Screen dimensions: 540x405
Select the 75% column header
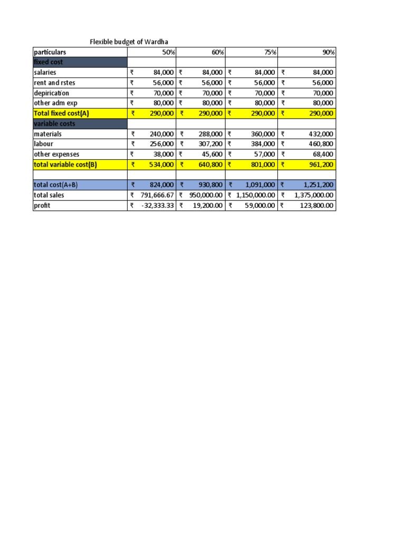click(x=268, y=52)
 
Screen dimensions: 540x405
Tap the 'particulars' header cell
click(x=51, y=52)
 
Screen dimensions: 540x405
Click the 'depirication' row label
click(x=51, y=93)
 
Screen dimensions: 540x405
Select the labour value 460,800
click(x=322, y=144)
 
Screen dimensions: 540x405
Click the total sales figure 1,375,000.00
click(x=313, y=195)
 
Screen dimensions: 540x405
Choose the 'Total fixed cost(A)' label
click(x=61, y=113)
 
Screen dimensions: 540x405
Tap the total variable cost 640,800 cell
click(x=213, y=165)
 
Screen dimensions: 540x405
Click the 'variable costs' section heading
click(x=54, y=123)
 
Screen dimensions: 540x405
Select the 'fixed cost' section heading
click(x=48, y=62)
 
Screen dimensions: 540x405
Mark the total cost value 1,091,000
click(x=259, y=185)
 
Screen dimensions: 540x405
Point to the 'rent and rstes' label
click(x=54, y=83)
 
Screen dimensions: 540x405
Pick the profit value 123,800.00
click(x=314, y=206)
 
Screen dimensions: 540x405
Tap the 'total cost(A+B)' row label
click(x=55, y=185)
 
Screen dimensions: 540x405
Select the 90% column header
click(x=328, y=52)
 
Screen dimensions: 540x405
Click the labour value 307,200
click(x=213, y=144)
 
